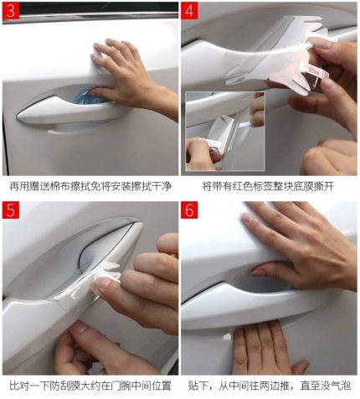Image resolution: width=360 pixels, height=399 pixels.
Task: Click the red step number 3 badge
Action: [11, 11]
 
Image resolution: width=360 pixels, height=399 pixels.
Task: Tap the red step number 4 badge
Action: [189, 11]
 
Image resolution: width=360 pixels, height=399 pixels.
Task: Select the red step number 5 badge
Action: [11, 210]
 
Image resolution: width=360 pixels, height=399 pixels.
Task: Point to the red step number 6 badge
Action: [189, 210]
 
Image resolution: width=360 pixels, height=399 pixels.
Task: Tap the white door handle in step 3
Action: [69, 111]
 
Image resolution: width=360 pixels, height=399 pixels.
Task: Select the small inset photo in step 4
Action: [225, 131]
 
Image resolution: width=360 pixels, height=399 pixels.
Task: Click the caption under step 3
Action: [90, 186]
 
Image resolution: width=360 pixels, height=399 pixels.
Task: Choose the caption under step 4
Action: [268, 186]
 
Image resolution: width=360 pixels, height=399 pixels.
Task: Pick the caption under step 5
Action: [90, 386]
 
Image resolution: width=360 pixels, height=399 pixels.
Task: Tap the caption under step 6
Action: [270, 386]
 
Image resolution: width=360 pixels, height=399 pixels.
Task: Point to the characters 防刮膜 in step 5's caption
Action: [65, 386]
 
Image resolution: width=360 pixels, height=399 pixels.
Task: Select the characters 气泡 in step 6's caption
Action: [341, 386]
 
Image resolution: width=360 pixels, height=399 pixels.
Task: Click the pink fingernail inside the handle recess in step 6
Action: [257, 271]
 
